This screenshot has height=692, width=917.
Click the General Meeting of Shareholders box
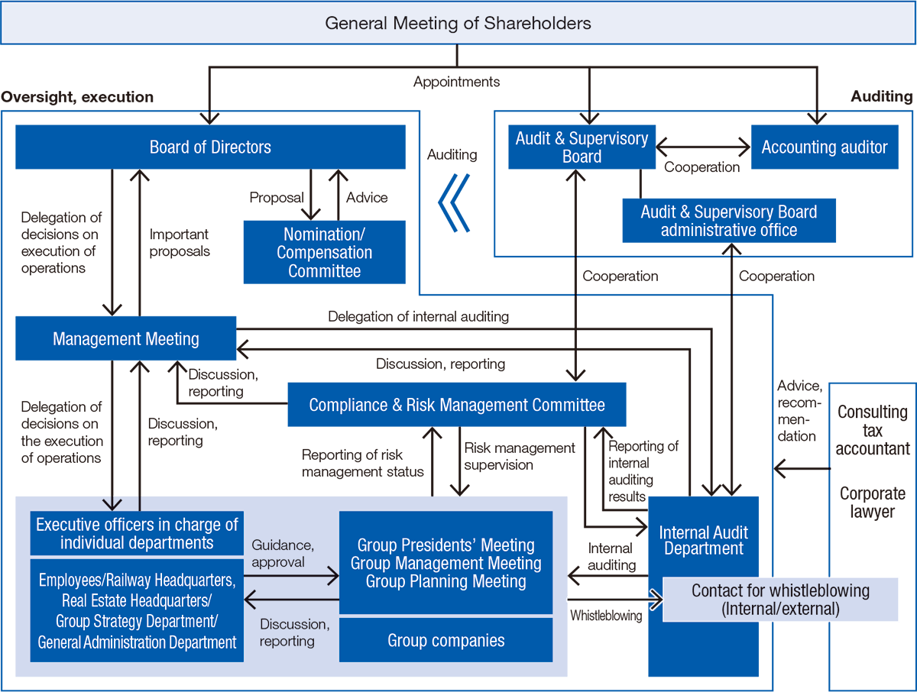coord(458,23)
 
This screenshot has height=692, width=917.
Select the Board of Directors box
coord(210,147)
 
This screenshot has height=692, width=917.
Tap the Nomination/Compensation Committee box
coord(324,252)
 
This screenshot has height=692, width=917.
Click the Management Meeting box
coord(126,338)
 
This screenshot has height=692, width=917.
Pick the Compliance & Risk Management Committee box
coord(456,405)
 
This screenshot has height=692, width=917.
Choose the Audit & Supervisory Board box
coord(582,147)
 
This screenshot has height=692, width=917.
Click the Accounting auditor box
coord(825,147)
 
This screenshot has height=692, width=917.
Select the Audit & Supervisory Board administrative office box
coord(728,221)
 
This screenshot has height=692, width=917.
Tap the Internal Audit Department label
coord(703,540)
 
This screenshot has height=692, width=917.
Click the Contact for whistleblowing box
coord(779,600)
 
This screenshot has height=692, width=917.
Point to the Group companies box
coord(446,640)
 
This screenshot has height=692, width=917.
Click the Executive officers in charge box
coord(137,533)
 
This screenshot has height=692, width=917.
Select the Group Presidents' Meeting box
coord(446,563)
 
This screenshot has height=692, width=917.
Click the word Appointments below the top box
coord(456,82)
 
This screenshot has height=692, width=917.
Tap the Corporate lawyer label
coord(872,502)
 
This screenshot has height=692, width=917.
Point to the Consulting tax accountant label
coord(872,430)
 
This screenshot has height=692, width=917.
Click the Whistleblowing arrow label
coord(606,616)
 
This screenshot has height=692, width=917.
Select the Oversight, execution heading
coord(77,97)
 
